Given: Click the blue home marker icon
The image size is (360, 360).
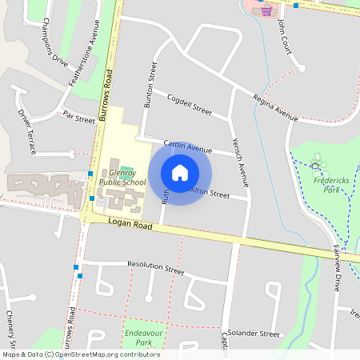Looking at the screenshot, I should tap(180, 172).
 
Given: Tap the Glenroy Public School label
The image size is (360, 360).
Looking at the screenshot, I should tap(122, 177).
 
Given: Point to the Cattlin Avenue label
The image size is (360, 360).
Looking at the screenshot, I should tap(187, 146).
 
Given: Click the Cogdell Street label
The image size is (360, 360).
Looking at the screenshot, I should tap(189, 105).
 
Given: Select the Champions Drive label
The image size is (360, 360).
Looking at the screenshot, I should tap(55, 40).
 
